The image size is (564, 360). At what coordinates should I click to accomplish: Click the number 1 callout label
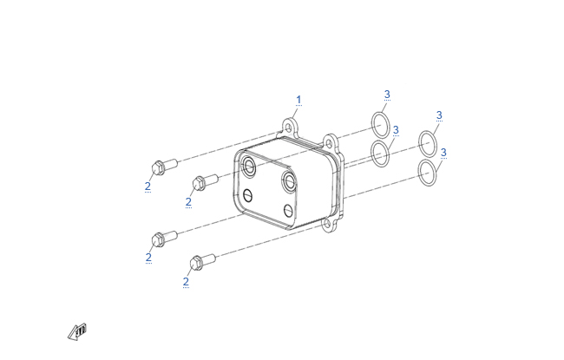tap(298, 100)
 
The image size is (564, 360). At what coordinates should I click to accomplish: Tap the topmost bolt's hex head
tap(158, 168)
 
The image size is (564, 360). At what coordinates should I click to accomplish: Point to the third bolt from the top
tap(165, 239)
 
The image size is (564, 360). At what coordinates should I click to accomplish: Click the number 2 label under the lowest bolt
tap(186, 282)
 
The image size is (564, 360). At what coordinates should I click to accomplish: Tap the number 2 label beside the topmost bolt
tap(148, 187)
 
